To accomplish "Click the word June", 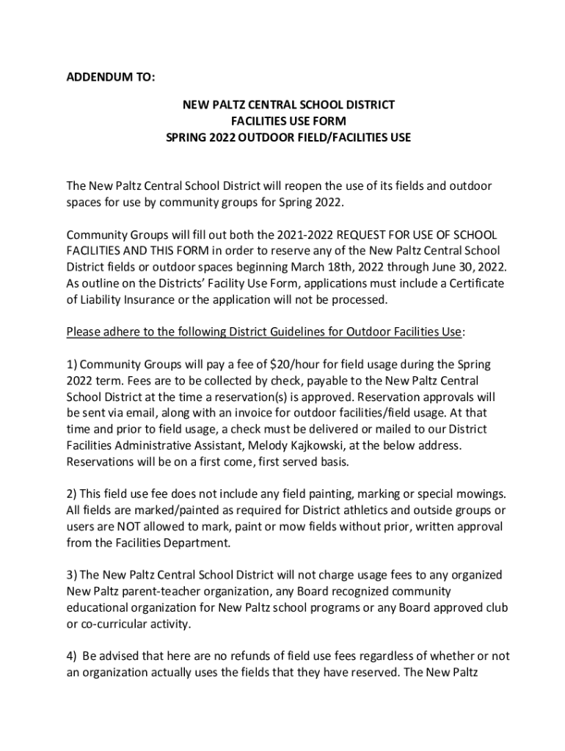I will [441, 267].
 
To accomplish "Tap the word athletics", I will [344, 510].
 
